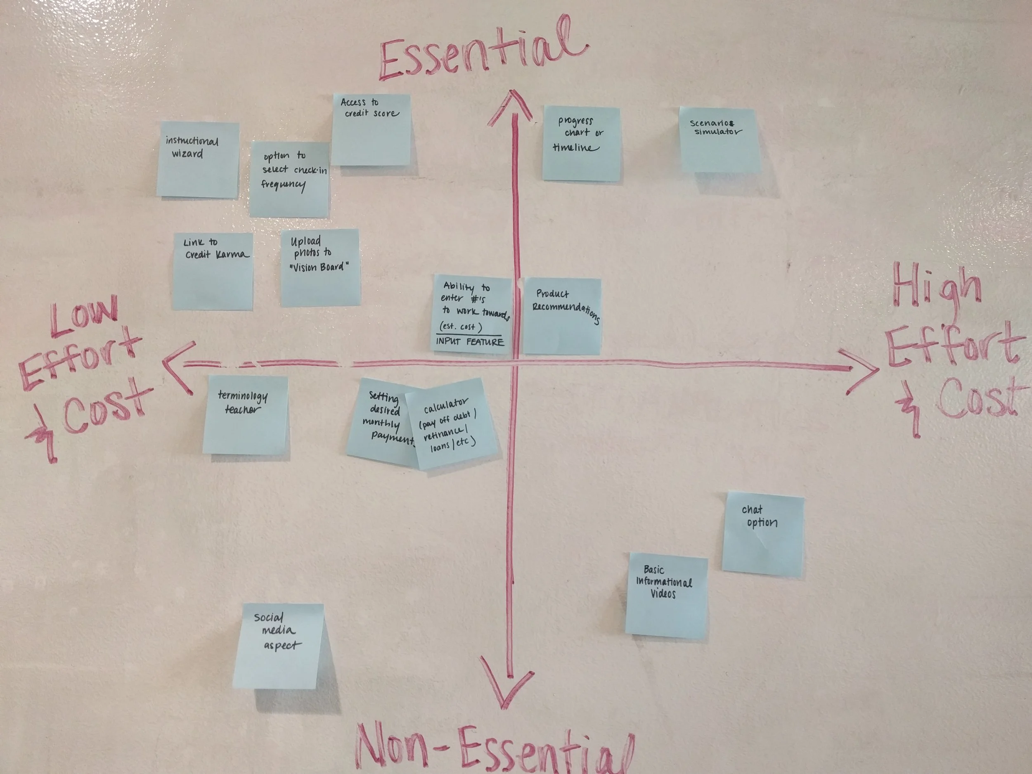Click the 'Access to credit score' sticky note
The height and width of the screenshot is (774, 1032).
(x=372, y=130)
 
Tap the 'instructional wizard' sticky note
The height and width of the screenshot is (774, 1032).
(x=198, y=160)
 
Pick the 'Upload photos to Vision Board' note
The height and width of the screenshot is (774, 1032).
(x=320, y=267)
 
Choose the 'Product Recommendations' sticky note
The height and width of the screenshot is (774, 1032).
(x=562, y=316)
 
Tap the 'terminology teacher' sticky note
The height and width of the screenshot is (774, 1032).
(x=245, y=415)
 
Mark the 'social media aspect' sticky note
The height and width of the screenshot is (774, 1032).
(x=278, y=646)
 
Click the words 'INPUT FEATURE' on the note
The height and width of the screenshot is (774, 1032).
(x=470, y=342)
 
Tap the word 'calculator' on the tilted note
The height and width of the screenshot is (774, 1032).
(x=445, y=406)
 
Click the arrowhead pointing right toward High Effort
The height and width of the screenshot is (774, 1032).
(x=863, y=369)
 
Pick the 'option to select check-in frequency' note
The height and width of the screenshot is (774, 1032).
(x=289, y=179)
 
